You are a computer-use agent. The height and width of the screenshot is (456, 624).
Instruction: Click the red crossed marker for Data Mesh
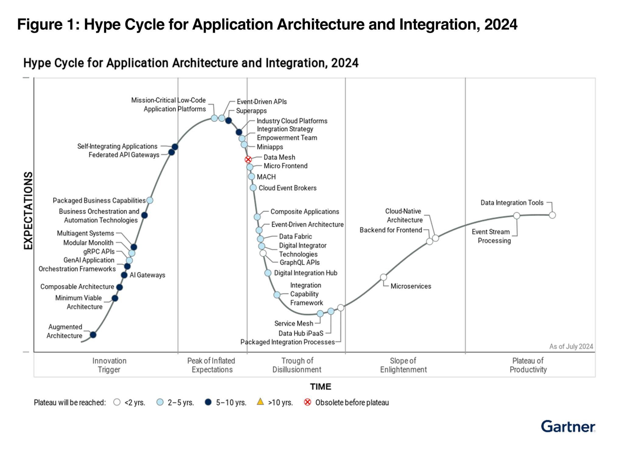[248, 159]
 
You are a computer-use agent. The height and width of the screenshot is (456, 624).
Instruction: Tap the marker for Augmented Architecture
[93, 335]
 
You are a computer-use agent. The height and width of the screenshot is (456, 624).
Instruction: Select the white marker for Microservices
[383, 277]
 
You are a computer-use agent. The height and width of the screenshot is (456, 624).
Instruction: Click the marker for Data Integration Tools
[552, 215]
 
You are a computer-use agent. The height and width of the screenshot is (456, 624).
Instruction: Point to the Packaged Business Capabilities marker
[150, 200]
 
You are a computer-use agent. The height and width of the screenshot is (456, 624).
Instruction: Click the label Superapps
[251, 111]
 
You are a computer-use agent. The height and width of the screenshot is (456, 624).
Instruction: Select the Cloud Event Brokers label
[287, 188]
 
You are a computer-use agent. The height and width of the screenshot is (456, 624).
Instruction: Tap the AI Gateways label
[147, 275]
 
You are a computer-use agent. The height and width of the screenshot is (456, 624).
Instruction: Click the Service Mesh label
[293, 323]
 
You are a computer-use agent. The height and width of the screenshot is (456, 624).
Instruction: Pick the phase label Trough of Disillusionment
[297, 365]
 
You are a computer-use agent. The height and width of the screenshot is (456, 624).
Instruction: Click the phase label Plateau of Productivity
[528, 365]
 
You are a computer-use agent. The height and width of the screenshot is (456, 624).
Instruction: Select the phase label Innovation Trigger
[109, 365]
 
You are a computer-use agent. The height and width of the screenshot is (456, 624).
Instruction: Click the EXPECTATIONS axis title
[28, 210]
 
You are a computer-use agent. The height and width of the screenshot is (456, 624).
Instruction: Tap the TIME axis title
[320, 386]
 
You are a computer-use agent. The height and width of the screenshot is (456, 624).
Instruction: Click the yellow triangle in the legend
[260, 402]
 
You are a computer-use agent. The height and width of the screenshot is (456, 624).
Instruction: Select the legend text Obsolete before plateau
[352, 402]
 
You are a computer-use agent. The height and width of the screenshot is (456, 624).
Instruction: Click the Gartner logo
[568, 426]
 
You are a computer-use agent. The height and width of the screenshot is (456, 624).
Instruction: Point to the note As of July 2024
[571, 346]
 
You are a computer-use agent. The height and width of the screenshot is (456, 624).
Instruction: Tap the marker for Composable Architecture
[119, 287]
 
